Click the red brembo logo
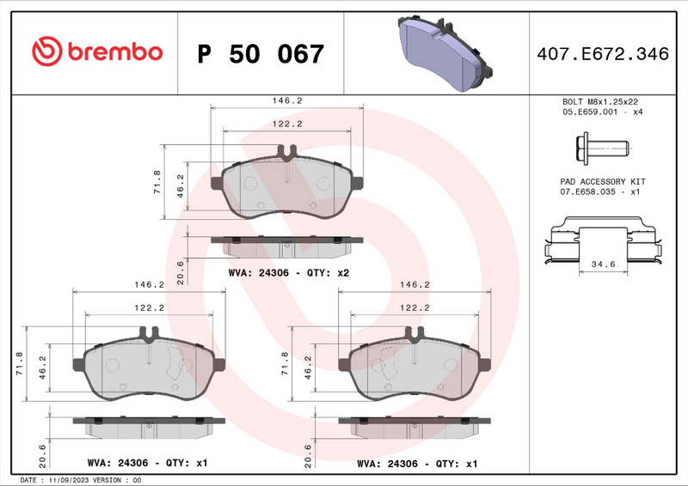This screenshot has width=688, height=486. [96, 52]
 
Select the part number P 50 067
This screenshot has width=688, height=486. [261, 54]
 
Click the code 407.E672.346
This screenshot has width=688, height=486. [602, 54]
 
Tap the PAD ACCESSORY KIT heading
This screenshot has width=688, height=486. [602, 182]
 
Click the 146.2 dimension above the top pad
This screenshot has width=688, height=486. [287, 100]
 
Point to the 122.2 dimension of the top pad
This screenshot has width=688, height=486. [287, 124]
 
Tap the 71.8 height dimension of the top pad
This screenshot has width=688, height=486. [156, 182]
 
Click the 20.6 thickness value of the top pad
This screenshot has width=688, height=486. [180, 270]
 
